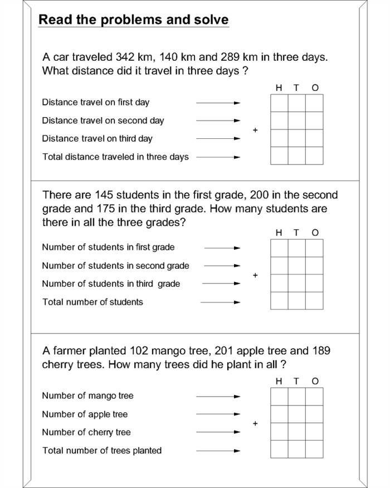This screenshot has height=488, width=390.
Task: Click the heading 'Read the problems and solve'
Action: point(133,20)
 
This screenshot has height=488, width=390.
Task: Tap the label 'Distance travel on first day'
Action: point(95,103)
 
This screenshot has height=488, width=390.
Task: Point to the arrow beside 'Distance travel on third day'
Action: point(218,139)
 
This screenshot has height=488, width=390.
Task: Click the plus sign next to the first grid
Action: point(255,130)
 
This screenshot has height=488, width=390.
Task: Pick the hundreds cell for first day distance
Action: point(279,104)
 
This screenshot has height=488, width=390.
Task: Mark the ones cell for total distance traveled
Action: point(314,156)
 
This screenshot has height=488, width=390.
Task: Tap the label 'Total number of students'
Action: point(92,302)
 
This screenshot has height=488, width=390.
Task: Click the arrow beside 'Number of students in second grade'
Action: point(221,266)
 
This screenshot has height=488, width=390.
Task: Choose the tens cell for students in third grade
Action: point(296,283)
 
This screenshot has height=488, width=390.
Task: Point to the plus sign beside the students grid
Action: point(255,275)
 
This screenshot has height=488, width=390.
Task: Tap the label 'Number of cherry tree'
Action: point(86,432)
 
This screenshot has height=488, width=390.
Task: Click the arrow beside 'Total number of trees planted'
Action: point(218,451)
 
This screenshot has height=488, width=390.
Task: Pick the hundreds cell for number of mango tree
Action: point(279,397)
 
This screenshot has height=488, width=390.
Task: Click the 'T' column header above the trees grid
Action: point(296,381)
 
